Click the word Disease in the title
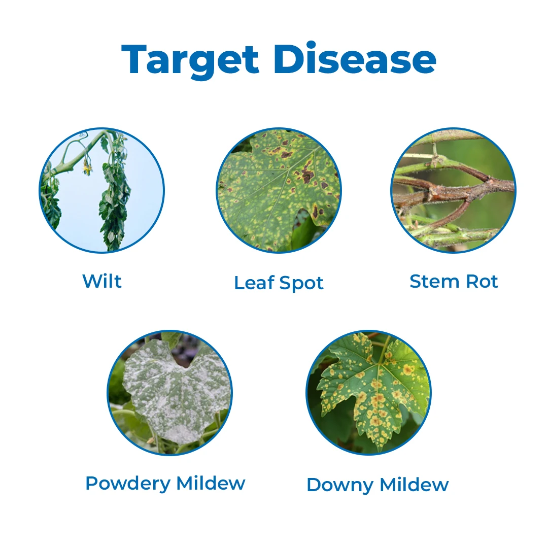354,59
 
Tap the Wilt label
102,281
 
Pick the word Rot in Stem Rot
482,281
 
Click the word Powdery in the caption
127,483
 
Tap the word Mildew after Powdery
211,483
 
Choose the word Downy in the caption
339,485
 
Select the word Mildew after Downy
414,485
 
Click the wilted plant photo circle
102,190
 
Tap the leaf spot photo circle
279,190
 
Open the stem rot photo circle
453,190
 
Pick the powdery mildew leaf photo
170,393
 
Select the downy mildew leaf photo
368,393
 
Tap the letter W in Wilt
90,281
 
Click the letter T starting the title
133,60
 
